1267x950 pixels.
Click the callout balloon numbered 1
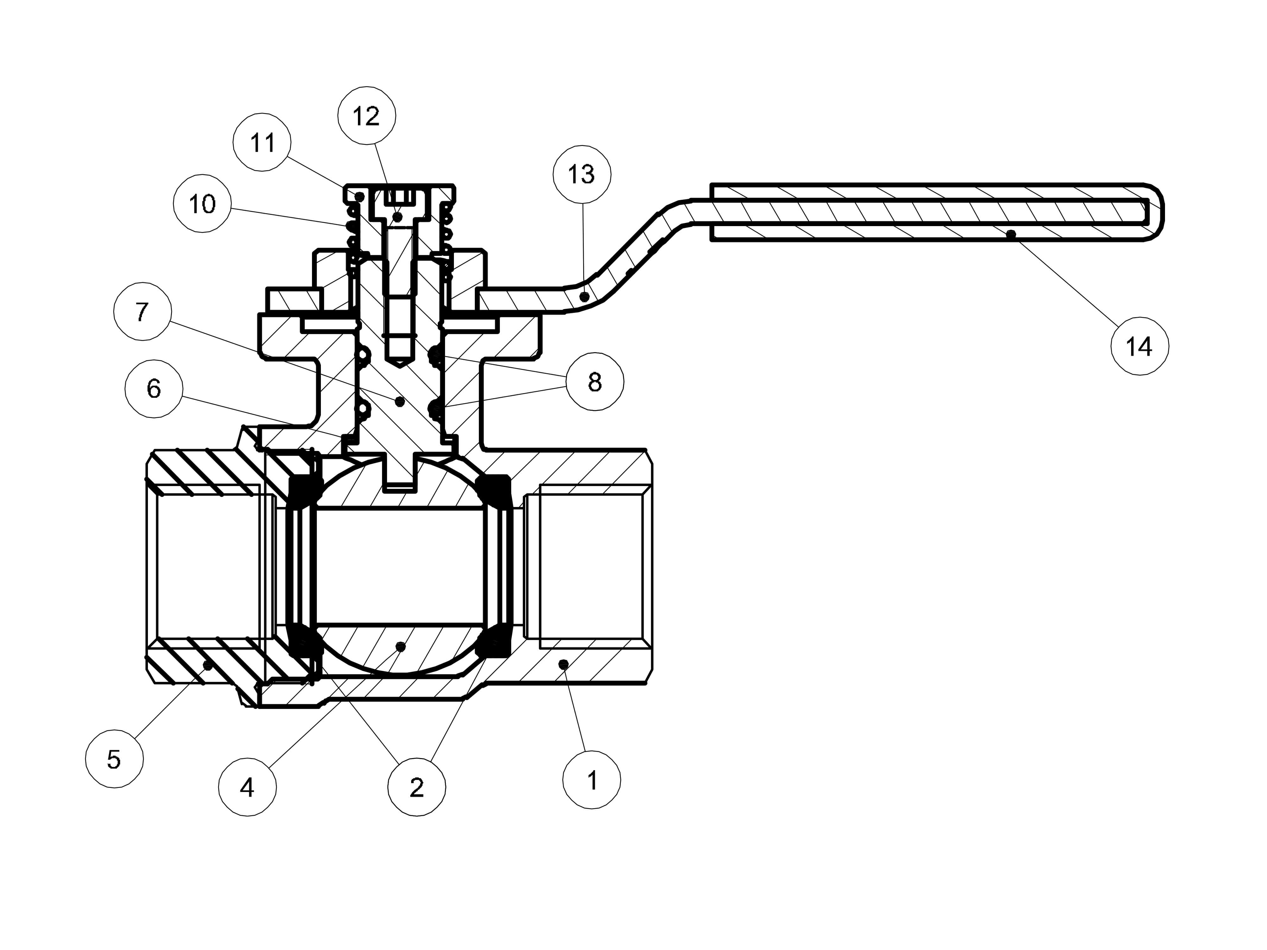pyautogui.click(x=592, y=780)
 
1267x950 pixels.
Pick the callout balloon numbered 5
pyautogui.click(x=114, y=759)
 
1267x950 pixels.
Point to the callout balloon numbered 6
pyautogui.click(x=154, y=389)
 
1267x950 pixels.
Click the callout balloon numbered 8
pyautogui.click(x=595, y=381)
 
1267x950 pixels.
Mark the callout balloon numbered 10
pyautogui.click(x=202, y=203)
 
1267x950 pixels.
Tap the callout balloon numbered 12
pyautogui.click(x=366, y=116)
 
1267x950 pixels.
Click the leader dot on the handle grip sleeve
pyautogui.click(x=1011, y=234)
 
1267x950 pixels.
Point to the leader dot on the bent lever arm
pyautogui.click(x=584, y=296)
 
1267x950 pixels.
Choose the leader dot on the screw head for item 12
pyautogui.click(x=398, y=217)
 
